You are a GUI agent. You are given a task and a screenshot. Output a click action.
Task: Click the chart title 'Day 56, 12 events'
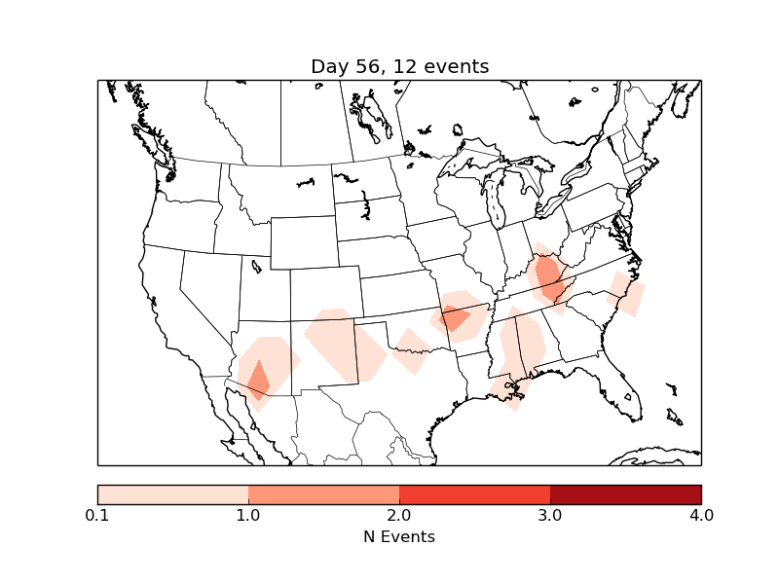(399, 66)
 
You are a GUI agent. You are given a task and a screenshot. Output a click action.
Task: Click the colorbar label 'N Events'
(399, 536)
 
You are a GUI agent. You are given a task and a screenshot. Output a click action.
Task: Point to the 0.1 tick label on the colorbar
(97, 515)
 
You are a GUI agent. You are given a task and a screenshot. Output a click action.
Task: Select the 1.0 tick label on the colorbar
(248, 515)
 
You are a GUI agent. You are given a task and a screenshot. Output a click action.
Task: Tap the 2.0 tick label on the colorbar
(399, 515)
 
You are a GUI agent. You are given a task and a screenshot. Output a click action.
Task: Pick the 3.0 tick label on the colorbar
(550, 515)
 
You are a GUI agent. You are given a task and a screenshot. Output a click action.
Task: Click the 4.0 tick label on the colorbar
(701, 515)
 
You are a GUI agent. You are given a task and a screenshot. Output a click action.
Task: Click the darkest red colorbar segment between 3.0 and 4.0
(625, 493)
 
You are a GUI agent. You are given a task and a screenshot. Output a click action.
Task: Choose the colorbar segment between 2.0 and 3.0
(474, 493)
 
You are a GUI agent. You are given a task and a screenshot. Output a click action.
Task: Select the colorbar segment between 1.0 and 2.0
(323, 493)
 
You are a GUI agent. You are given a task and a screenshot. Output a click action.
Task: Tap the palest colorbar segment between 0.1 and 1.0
(172, 493)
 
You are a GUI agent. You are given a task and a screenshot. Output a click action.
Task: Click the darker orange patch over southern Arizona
(258, 380)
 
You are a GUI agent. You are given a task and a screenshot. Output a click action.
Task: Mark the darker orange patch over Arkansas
(454, 317)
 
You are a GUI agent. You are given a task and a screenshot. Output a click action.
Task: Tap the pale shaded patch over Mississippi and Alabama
(522, 346)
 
